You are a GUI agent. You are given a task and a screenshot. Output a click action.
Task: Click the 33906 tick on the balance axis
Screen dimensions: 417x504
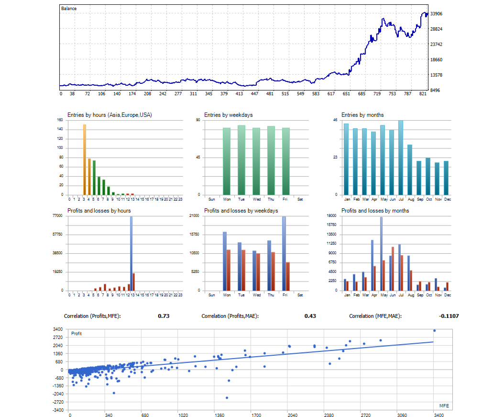[x=436, y=14]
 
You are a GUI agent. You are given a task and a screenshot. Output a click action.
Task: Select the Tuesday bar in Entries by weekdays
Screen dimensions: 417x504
[x=241, y=160]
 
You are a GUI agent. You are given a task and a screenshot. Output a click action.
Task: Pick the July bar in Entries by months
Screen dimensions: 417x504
[x=401, y=158]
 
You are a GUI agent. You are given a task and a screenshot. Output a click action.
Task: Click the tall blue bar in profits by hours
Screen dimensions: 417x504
[x=131, y=253]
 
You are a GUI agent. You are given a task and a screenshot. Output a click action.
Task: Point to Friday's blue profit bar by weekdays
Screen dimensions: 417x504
[x=284, y=253]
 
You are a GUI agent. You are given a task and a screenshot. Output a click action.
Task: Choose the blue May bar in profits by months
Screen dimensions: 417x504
[x=381, y=253]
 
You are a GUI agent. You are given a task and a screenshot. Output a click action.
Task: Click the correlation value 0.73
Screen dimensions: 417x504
[x=164, y=316]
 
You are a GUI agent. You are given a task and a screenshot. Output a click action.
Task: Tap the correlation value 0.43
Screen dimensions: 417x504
[x=310, y=316]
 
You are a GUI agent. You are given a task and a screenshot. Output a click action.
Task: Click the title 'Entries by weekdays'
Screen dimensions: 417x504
[x=228, y=115]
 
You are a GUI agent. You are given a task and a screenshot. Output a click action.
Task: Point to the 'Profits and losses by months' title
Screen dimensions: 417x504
[x=375, y=211]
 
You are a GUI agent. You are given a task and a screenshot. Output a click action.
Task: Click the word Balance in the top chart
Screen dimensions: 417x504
[x=69, y=9]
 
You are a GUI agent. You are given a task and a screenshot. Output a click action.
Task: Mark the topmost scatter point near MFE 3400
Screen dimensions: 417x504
[x=434, y=331]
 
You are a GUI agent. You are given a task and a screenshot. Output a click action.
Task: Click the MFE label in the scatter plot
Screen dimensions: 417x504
[x=444, y=406]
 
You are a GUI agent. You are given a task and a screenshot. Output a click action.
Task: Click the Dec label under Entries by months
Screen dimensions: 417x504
[x=447, y=199]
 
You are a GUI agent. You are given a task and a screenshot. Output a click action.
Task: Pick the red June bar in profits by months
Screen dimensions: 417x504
[x=393, y=268]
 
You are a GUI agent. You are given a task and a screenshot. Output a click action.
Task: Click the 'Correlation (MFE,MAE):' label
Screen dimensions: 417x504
[x=375, y=316]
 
